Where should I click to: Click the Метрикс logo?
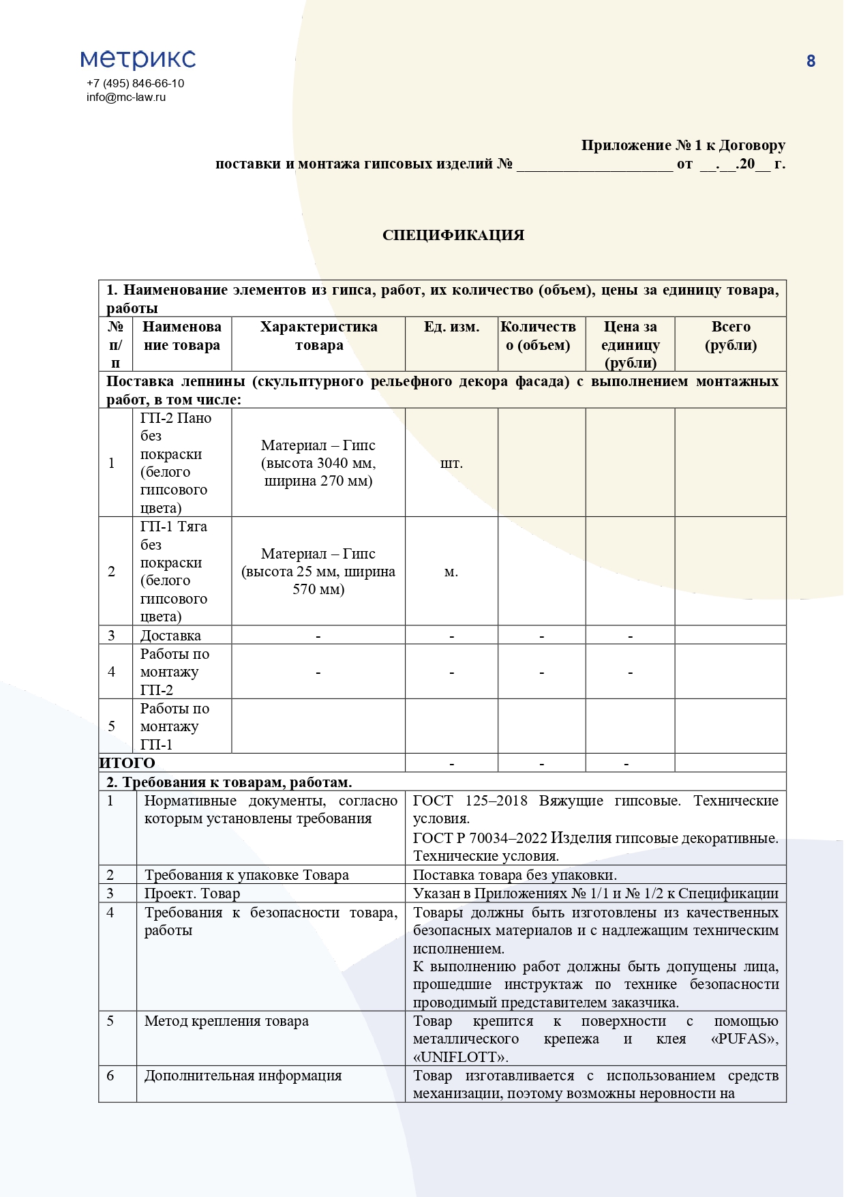[x=138, y=59]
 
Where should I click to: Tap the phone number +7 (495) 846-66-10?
[x=135, y=83]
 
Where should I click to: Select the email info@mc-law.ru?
[x=126, y=97]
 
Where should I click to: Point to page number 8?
[x=811, y=61]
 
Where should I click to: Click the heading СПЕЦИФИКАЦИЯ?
[x=453, y=235]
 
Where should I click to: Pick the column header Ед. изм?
[x=451, y=327]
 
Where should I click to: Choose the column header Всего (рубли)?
[x=730, y=336]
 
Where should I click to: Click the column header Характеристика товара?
[x=318, y=336]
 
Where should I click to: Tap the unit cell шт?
[x=451, y=463]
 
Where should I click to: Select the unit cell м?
[x=451, y=572]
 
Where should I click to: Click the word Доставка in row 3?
[x=170, y=636]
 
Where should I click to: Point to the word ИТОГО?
[x=127, y=763]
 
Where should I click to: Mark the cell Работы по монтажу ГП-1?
[x=174, y=726]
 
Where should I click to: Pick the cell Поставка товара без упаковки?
[x=515, y=875]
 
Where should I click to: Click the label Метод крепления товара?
[x=226, y=1021]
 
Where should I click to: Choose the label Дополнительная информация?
[x=243, y=1076]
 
